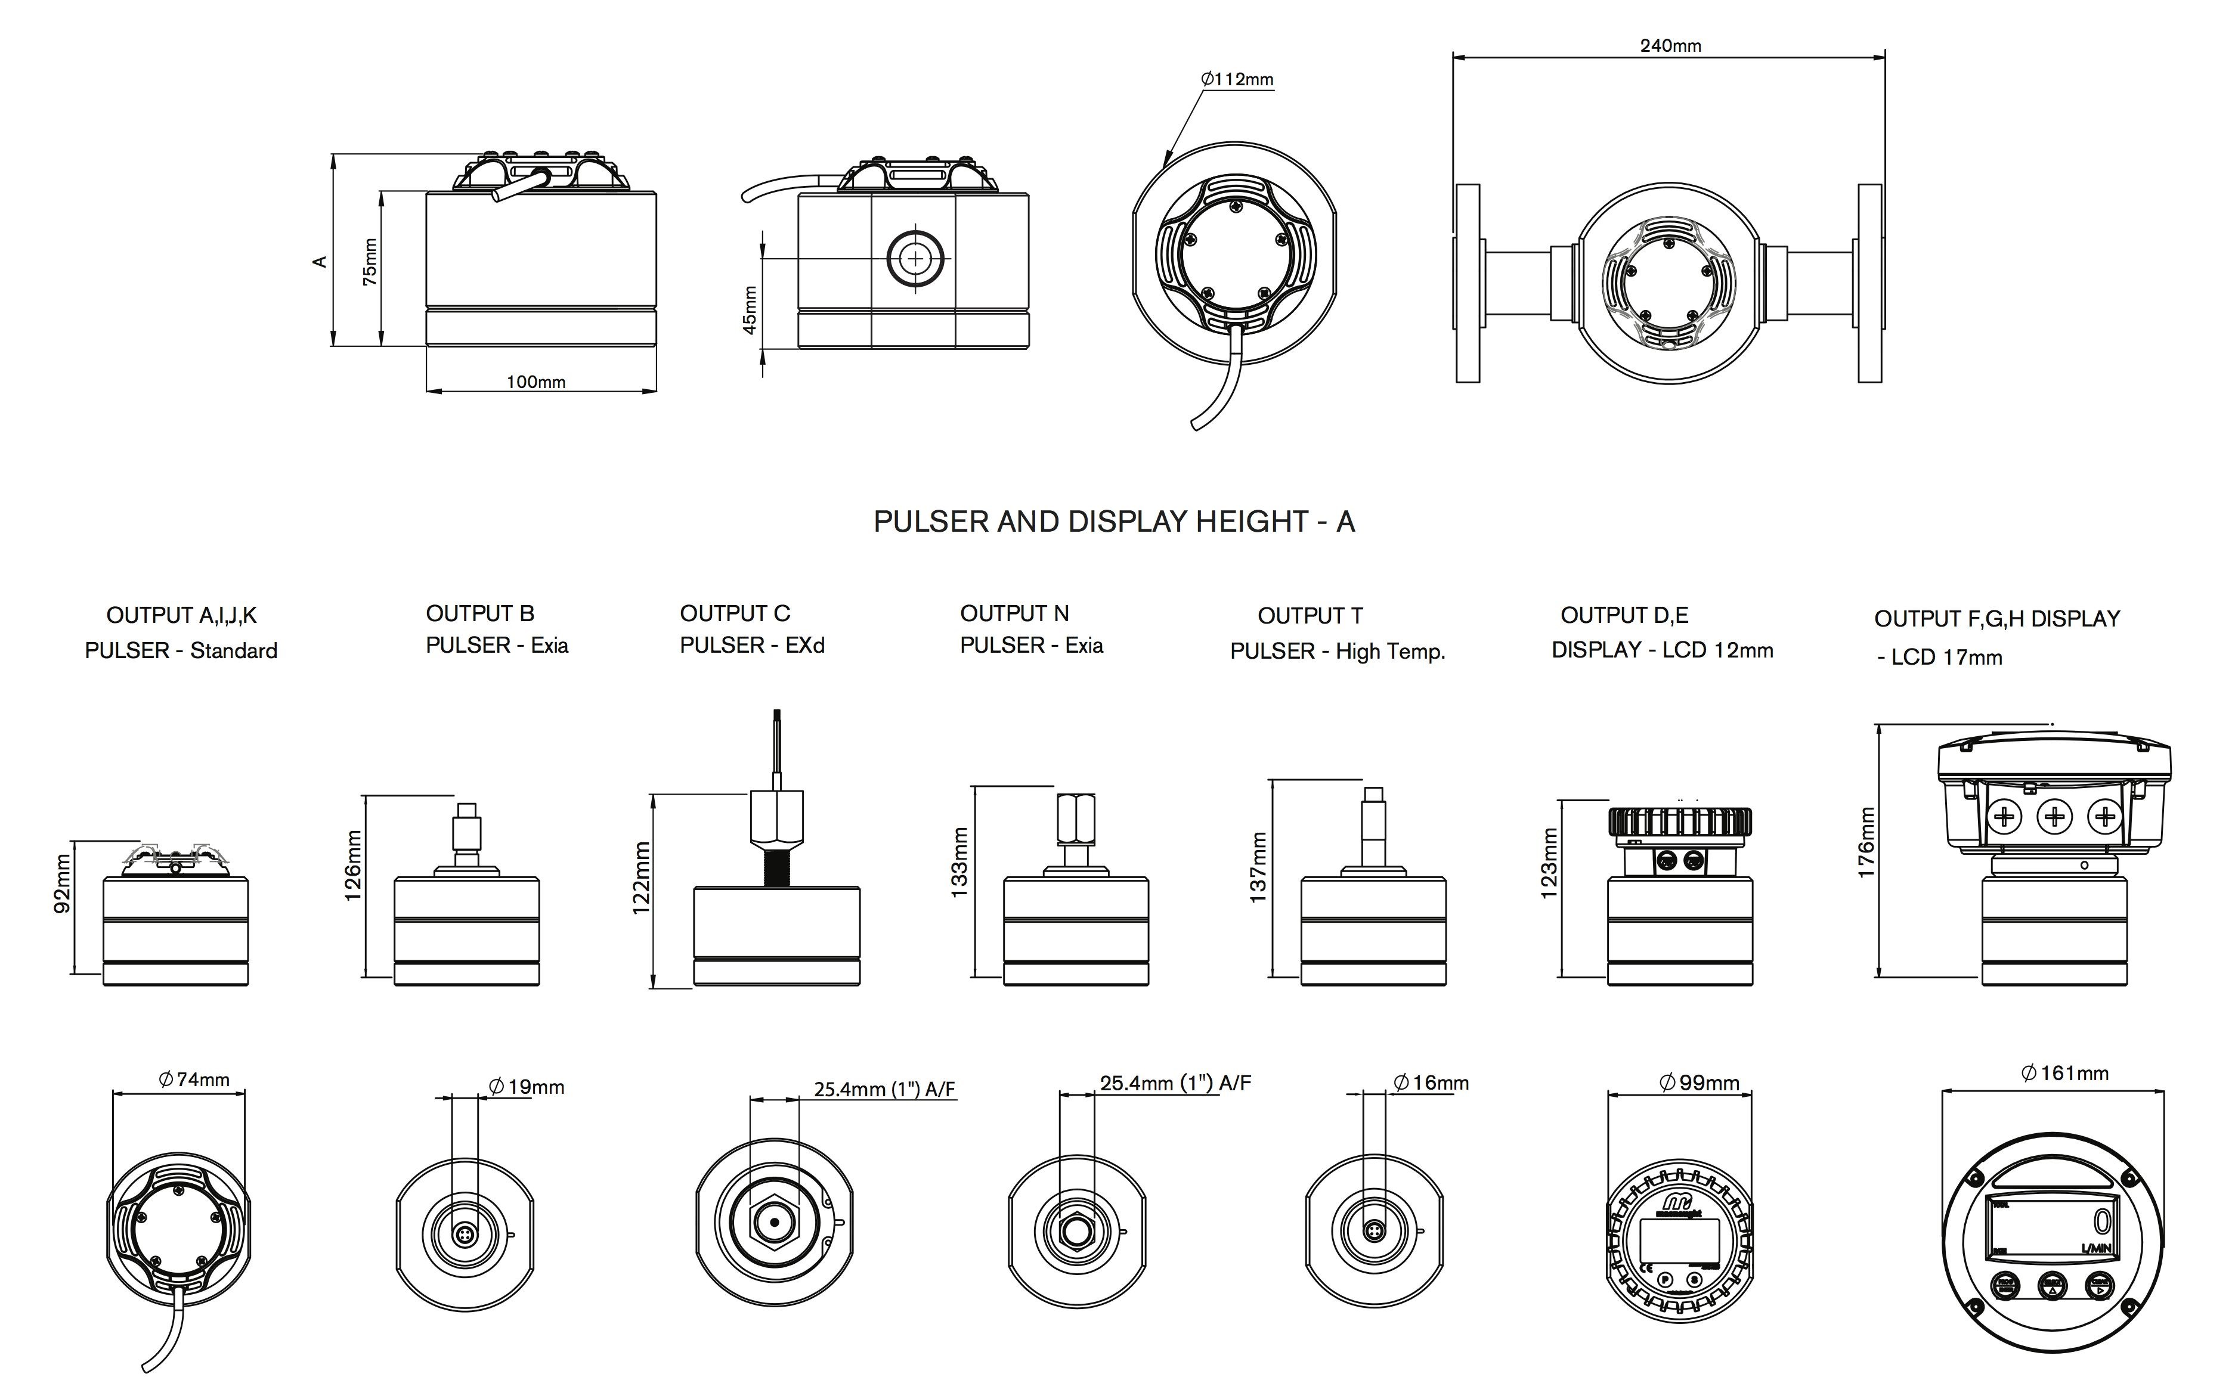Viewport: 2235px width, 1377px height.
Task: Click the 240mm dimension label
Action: [x=1670, y=45]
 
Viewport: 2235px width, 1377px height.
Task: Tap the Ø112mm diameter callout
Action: [x=1237, y=79]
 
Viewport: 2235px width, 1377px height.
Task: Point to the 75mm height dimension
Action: [x=370, y=262]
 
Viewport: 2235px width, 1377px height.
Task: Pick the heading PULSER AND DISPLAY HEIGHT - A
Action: [x=1114, y=522]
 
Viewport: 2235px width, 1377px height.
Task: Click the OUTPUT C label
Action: [x=735, y=613]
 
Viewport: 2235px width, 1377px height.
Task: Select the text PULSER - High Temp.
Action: [x=1337, y=651]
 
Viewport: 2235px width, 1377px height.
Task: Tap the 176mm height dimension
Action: [x=1866, y=842]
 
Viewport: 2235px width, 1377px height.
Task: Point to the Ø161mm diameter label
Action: [x=2064, y=1073]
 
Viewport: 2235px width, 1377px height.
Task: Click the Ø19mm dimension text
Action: [x=527, y=1087]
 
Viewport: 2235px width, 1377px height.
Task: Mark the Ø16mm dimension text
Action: [x=1431, y=1083]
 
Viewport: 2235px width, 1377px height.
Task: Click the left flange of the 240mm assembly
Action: [x=1467, y=283]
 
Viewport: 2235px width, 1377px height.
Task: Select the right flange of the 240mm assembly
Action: [x=1870, y=283]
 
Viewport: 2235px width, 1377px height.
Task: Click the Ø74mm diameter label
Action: [x=194, y=1079]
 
